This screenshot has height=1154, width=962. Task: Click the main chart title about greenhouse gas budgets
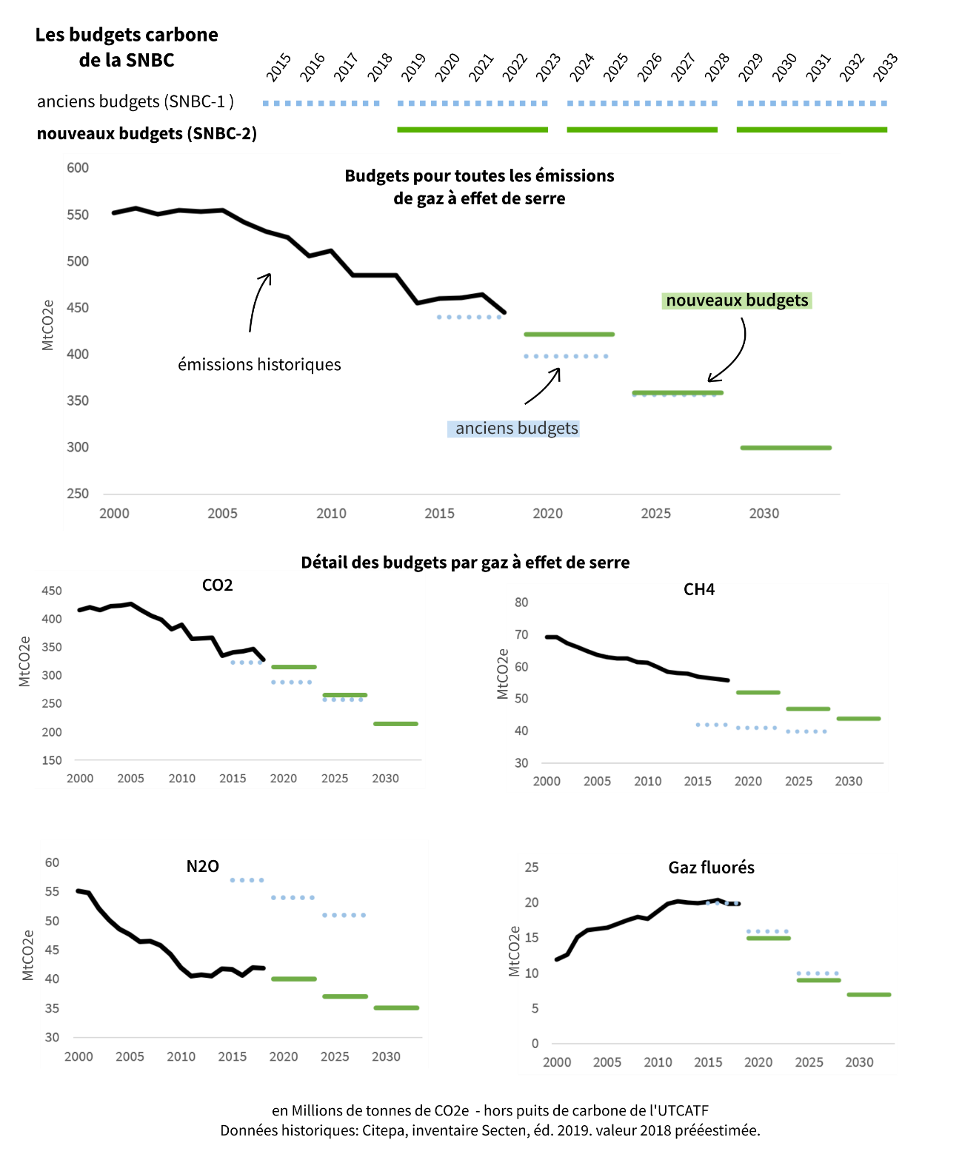click(479, 187)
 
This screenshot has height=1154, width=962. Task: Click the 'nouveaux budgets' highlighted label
click(737, 301)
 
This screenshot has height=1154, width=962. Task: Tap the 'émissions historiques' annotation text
click(259, 364)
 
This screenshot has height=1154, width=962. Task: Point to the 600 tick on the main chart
click(78, 168)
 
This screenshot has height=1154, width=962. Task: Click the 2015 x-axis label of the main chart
click(439, 513)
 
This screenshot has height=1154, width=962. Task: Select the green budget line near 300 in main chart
click(786, 448)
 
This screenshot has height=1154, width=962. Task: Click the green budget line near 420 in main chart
click(569, 335)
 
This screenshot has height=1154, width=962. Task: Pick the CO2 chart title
click(218, 586)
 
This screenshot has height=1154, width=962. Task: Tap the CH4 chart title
click(699, 590)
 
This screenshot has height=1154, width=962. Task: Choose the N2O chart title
click(202, 866)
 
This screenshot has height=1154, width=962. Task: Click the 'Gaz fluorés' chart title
click(711, 868)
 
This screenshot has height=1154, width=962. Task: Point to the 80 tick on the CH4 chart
click(521, 603)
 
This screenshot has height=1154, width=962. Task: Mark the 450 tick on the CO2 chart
click(52, 591)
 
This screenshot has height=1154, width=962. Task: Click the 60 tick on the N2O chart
click(52, 862)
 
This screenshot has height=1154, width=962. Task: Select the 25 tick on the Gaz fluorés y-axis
click(532, 867)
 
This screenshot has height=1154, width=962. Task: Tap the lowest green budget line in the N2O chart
click(396, 1008)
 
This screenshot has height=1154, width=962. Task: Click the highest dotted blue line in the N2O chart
click(247, 880)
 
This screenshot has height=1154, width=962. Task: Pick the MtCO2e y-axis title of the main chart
click(48, 325)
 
